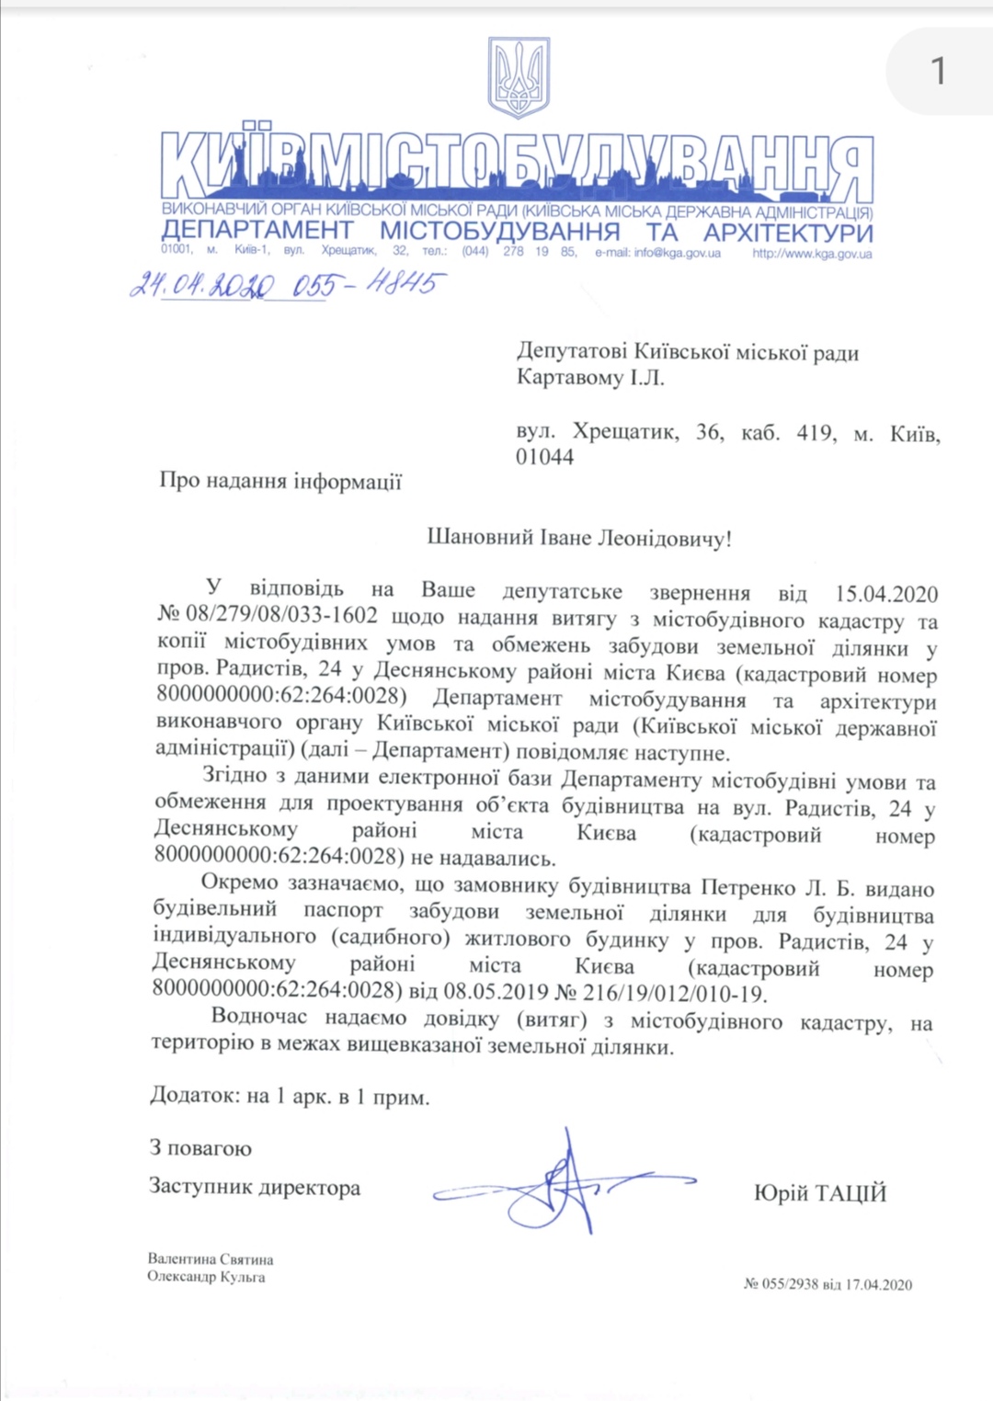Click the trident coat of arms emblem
[519, 77]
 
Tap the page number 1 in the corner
[938, 71]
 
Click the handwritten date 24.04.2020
[202, 285]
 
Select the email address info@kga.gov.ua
[677, 253]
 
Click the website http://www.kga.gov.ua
[812, 253]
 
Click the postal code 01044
[544, 457]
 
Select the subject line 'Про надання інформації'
[280, 481]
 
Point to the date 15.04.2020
[885, 594]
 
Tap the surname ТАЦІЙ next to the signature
[848, 1193]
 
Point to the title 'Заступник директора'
[255, 1187]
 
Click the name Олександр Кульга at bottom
[206, 1276]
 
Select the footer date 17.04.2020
[879, 1284]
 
